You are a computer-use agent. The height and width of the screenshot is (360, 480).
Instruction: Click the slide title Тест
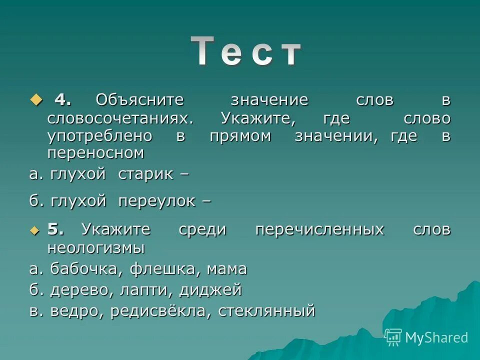246,51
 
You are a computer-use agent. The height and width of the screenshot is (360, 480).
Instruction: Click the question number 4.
62,99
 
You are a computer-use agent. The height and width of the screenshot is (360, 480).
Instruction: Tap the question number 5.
56,229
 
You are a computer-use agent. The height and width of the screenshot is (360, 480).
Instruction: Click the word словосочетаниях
119,118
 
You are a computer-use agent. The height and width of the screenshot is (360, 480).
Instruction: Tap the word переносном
95,153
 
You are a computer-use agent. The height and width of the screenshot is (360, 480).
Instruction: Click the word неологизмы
96,247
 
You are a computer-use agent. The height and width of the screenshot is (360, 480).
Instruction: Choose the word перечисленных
319,229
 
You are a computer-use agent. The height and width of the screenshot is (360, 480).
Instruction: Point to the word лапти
156,290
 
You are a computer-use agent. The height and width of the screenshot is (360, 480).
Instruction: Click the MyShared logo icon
393,337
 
